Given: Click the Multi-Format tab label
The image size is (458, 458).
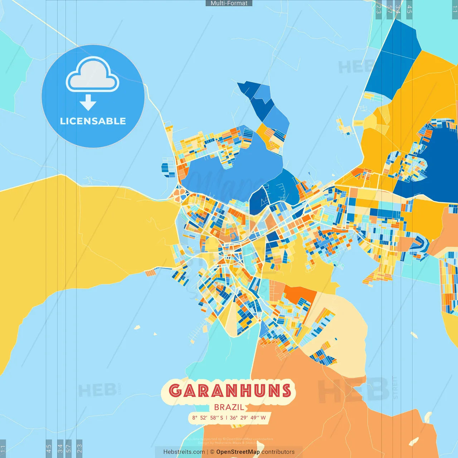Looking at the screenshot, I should (x=229, y=3).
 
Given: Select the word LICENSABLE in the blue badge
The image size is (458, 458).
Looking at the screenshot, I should (x=93, y=121).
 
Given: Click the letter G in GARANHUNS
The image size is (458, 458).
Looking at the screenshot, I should (x=175, y=390).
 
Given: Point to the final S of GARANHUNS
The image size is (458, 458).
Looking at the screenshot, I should (x=286, y=390).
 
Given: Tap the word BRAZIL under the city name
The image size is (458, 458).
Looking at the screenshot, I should (x=229, y=407).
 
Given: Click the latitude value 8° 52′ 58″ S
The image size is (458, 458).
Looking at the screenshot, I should (x=208, y=418).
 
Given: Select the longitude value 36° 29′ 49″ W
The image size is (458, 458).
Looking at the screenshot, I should (x=248, y=418).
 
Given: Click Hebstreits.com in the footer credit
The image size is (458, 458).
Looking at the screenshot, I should (x=184, y=452).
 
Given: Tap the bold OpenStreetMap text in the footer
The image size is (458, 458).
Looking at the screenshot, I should (x=238, y=452).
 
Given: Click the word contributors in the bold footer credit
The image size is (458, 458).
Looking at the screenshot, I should (x=278, y=452).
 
